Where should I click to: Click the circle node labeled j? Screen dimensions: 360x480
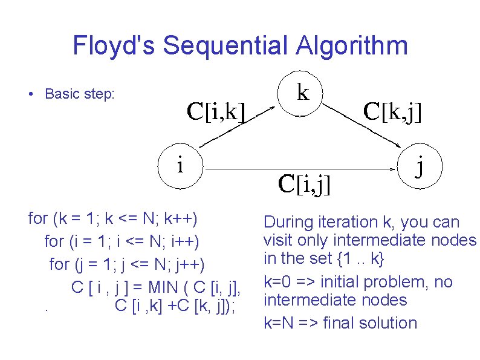coord(420,165)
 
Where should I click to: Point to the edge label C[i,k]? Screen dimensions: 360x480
coord(216,111)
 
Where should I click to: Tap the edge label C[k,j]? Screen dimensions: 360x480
coord(392,111)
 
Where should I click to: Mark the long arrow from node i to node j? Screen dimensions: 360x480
coord(302,165)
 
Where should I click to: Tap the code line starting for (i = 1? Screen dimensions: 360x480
coord(122,241)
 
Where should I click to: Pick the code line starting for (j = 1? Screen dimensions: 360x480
coord(127,264)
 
